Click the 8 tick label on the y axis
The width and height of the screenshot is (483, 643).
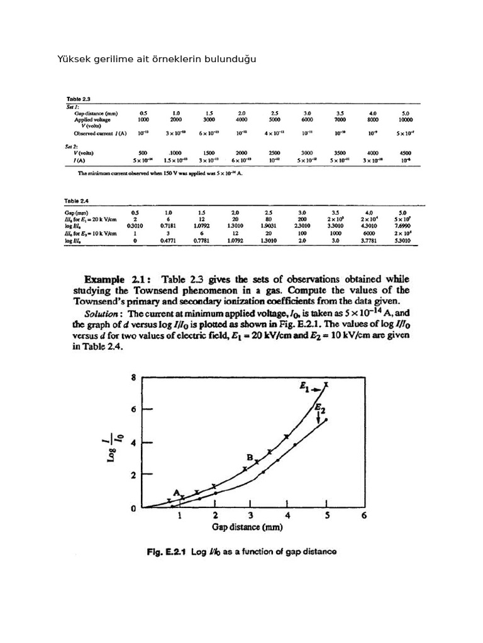pyautogui.click(x=133, y=378)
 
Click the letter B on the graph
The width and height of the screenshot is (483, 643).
pyautogui.click(x=250, y=459)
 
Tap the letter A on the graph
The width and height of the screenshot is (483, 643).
pyautogui.click(x=177, y=492)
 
